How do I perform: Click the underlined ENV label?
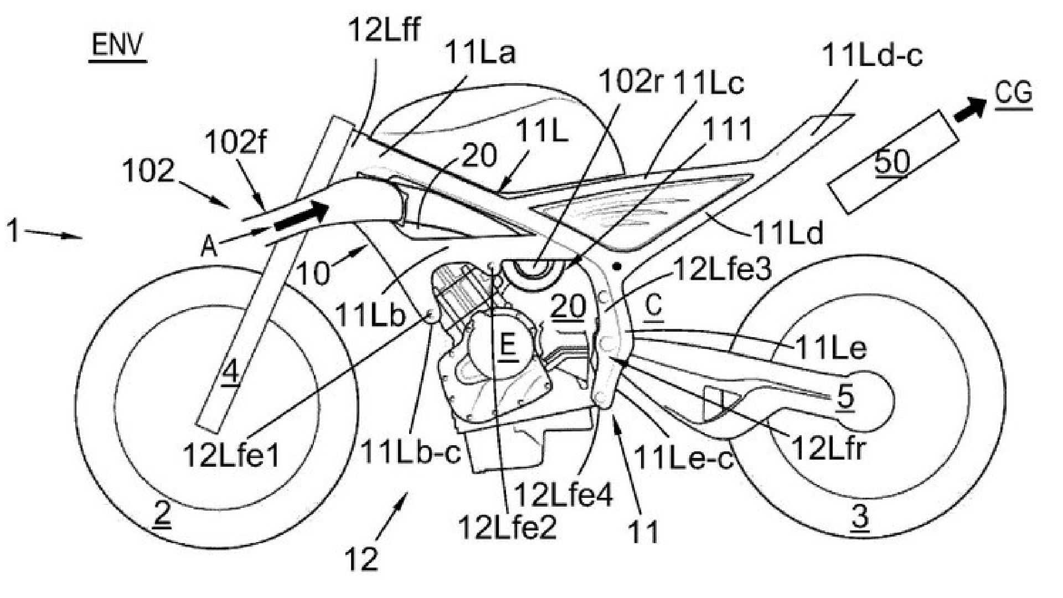click(x=117, y=45)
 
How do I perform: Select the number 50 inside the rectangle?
click(x=892, y=162)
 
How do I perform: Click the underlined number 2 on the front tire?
click(x=162, y=515)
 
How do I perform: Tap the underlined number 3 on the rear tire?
click(x=859, y=518)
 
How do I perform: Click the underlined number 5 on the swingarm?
click(x=845, y=396)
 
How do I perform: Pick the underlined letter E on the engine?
click(x=508, y=346)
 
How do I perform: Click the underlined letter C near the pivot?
click(x=654, y=306)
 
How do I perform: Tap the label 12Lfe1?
click(x=231, y=456)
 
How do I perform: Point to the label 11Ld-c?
click(x=873, y=55)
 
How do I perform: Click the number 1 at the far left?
click(x=12, y=231)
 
